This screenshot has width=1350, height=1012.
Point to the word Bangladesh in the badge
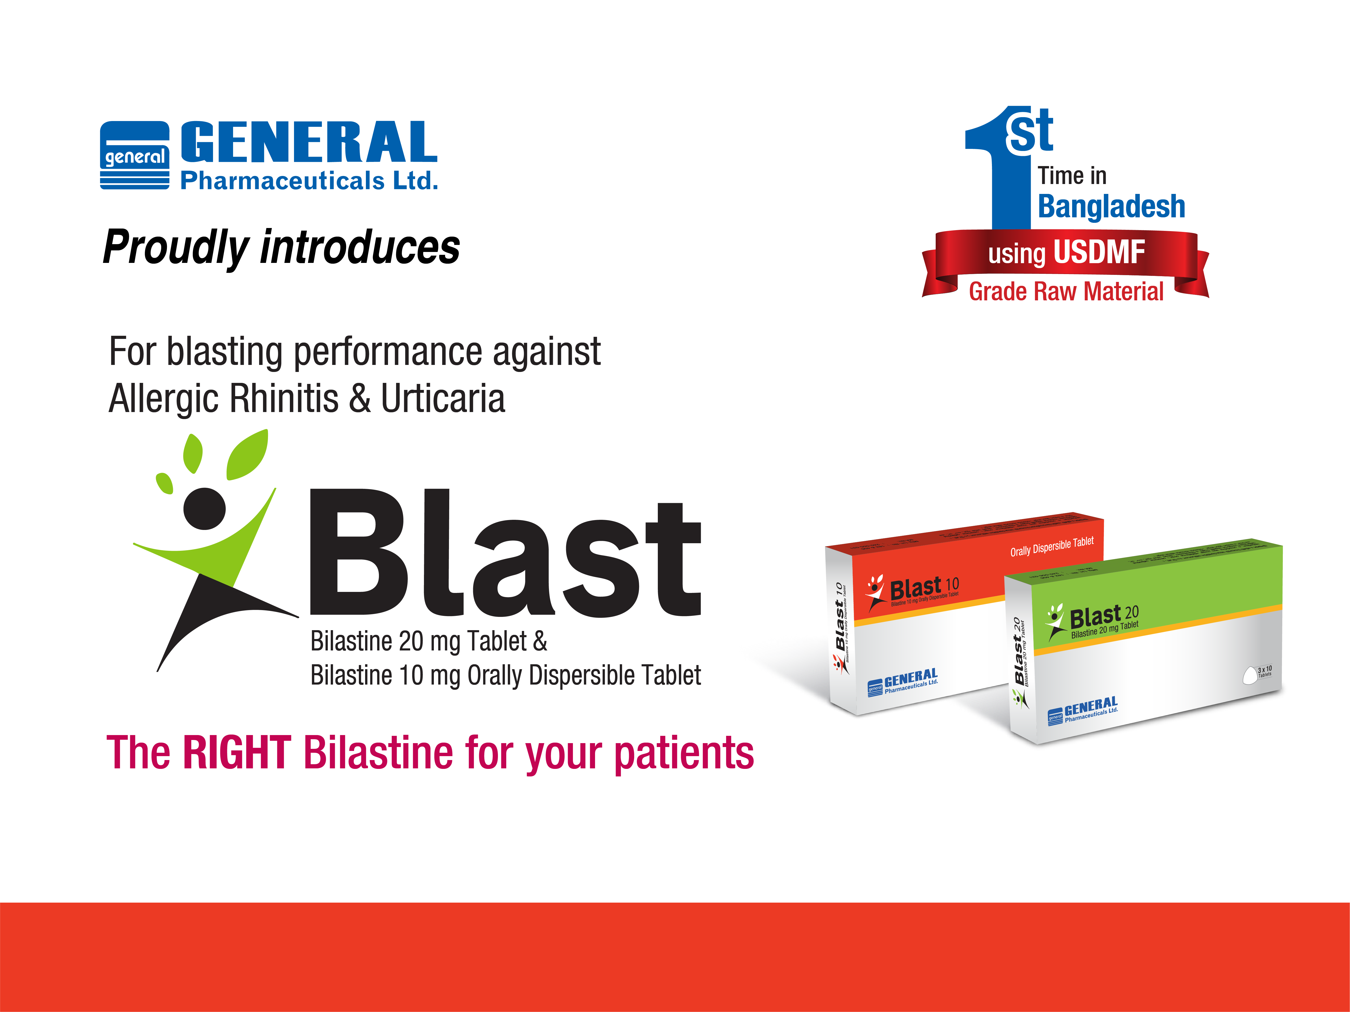pos(1111,206)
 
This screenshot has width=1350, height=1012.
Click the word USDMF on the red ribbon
pos(1098,252)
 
